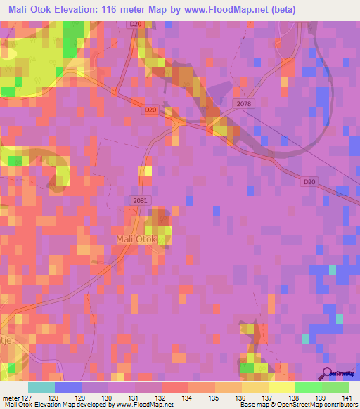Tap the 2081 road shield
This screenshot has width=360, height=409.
click(140, 201)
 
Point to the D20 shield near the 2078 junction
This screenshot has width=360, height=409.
click(149, 110)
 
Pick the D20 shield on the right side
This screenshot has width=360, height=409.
click(310, 181)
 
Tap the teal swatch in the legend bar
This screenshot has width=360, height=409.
click(41, 387)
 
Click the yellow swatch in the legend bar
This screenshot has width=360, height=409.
click(282, 387)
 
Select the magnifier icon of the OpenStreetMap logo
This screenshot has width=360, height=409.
click(328, 373)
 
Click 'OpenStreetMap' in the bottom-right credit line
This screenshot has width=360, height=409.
click(310, 405)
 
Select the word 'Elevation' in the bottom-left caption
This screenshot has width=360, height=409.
click(42, 405)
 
